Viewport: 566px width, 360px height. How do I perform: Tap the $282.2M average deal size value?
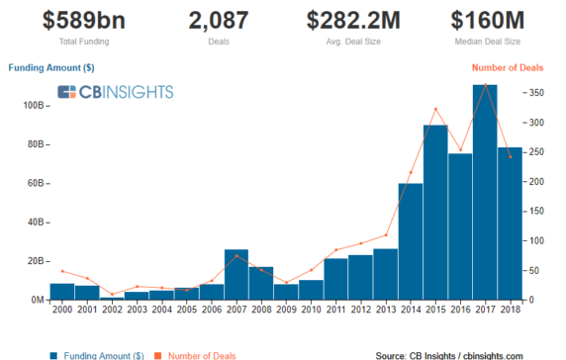coord(353,20)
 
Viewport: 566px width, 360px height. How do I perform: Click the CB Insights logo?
coord(115,92)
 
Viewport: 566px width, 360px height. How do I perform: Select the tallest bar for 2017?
coord(484,193)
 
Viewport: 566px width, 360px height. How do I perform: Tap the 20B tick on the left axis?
coord(34,261)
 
